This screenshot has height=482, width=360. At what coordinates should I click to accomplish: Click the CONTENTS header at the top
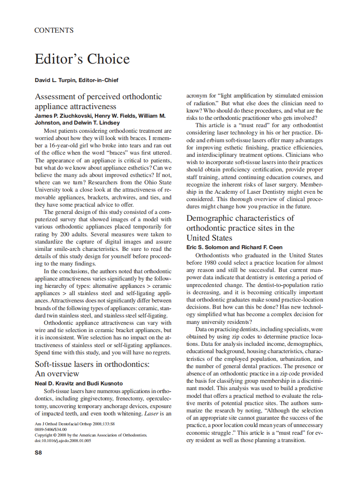click(54, 31)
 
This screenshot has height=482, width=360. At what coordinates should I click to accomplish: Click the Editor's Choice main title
click(82, 59)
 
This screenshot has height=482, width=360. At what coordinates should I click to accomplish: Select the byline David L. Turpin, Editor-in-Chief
click(76, 80)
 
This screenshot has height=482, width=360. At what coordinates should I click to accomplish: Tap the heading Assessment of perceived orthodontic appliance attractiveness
click(98, 101)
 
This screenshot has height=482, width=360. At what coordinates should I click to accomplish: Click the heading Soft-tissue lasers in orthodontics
click(92, 364)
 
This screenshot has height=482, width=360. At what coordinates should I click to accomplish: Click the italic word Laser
click(150, 414)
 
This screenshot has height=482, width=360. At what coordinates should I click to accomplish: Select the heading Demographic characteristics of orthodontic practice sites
click(241, 228)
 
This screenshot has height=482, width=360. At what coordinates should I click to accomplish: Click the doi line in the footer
click(63, 440)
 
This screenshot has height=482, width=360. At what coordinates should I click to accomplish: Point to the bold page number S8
click(38, 452)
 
